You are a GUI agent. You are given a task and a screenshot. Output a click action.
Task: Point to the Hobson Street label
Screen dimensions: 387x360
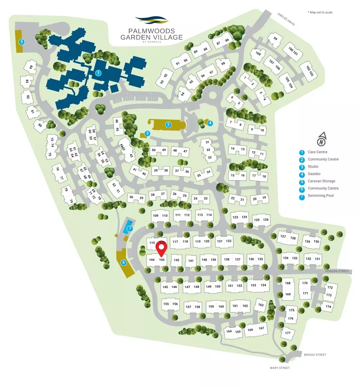[337, 271]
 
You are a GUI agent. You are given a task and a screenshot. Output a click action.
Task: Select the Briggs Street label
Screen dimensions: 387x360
[315, 355]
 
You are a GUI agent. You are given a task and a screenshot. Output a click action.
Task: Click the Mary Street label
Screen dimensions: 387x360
[279, 368]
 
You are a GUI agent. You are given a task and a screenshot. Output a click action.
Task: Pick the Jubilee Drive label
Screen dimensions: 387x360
[285, 19]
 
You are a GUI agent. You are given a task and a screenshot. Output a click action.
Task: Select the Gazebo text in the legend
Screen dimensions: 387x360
[314, 174]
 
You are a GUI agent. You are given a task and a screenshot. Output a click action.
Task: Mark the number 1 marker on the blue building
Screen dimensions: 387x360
[98, 73]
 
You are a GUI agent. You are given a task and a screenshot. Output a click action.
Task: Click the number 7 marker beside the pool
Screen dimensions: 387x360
[130, 228]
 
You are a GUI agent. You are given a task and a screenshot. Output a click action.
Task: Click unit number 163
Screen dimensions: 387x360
[260, 305]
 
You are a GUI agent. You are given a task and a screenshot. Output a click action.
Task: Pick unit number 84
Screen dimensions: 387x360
[31, 67]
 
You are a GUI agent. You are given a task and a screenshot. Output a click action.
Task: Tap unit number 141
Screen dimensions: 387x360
[191, 261]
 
